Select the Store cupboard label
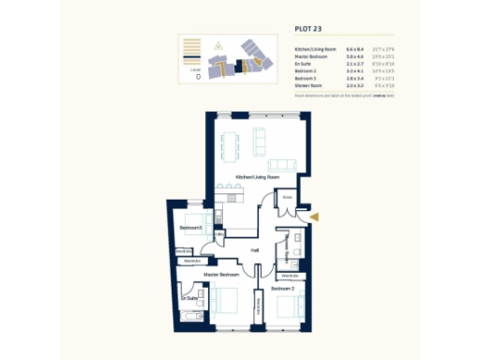coord(288,198)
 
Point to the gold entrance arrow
coord(315,217)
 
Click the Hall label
coord(254,249)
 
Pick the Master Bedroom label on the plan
coord(221,275)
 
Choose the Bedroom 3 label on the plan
coord(190,228)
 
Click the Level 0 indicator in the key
coord(197,74)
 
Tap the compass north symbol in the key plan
coord(218,44)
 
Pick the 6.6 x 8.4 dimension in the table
coord(354,47)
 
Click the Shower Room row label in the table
coord(312,85)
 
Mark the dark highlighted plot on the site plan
coord(240,65)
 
